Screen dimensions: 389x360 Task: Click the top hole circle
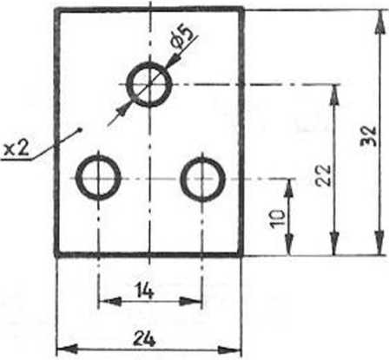tap(129, 85)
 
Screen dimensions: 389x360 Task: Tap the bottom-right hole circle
tap(182, 180)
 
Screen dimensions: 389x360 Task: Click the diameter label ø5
tap(181, 37)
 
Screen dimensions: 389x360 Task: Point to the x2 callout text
tap(16, 149)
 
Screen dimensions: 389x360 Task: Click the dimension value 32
tap(369, 136)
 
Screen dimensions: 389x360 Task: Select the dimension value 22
tap(323, 175)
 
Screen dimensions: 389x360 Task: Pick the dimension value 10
tap(277, 219)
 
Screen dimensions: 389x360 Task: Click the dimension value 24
tap(144, 338)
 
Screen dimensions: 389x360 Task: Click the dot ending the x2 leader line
tap(80, 129)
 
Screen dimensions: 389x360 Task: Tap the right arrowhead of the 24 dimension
tap(229, 350)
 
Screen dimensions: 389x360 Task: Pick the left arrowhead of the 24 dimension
tap(68, 349)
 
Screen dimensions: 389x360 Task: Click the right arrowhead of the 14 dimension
tap(190, 302)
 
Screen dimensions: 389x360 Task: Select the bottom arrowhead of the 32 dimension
tap(379, 244)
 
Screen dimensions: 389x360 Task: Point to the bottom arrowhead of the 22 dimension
tap(334, 244)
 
